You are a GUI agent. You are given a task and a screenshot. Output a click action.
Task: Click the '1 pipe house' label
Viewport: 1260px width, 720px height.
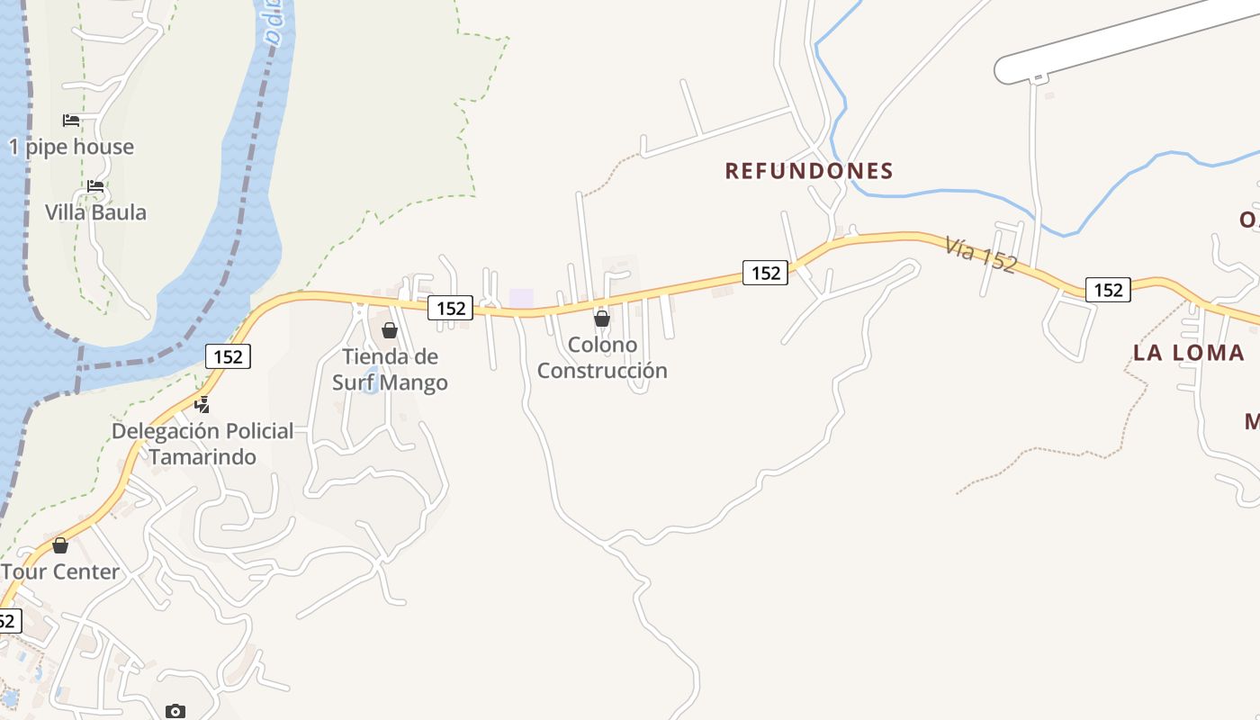(72, 147)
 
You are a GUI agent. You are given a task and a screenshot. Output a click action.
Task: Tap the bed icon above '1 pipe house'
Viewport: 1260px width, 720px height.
(71, 121)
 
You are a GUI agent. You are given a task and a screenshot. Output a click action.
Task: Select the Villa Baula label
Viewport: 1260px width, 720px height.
(95, 212)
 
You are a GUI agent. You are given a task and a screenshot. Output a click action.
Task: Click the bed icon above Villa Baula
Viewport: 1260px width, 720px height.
(95, 187)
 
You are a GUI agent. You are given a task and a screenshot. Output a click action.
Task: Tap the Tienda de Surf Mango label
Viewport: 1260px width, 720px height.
(390, 369)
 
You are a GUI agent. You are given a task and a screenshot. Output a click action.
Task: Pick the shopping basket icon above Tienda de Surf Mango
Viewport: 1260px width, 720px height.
(390, 330)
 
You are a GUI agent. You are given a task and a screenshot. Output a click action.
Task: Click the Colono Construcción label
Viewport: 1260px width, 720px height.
(602, 357)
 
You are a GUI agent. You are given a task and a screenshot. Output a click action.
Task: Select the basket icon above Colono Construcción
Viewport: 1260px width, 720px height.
(602, 319)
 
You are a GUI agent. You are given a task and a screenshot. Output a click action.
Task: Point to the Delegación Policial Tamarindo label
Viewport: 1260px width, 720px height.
(202, 444)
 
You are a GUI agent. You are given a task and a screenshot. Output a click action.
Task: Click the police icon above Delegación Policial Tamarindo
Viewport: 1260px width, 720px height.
(202, 405)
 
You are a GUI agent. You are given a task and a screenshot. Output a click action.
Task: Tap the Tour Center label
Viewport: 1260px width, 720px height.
(60, 571)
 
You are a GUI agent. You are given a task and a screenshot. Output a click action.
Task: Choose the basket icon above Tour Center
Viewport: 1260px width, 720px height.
(60, 545)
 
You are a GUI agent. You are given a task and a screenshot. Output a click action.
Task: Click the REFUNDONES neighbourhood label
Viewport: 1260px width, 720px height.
(809, 170)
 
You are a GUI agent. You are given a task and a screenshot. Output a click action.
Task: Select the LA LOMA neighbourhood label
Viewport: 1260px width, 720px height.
(1188, 353)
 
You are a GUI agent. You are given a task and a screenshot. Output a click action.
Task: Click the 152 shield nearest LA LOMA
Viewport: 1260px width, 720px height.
(1108, 289)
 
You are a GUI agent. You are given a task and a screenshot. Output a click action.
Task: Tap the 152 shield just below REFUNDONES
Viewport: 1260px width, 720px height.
(765, 272)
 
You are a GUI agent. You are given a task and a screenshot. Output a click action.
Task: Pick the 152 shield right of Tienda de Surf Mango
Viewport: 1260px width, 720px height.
(450, 308)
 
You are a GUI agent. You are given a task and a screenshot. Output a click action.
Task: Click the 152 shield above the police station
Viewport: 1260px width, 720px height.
(229, 356)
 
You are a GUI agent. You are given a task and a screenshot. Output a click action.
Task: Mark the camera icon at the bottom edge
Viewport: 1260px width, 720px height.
(175, 712)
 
